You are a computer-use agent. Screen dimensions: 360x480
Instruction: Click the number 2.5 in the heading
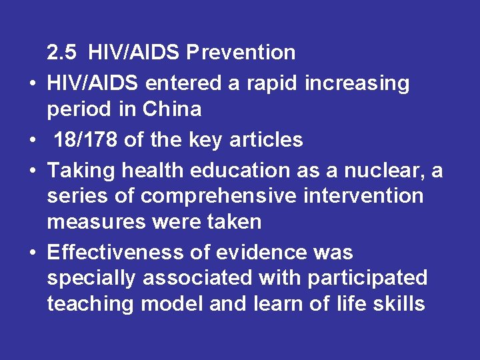point(63,52)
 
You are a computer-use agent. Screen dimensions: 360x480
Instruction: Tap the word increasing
point(357,84)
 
